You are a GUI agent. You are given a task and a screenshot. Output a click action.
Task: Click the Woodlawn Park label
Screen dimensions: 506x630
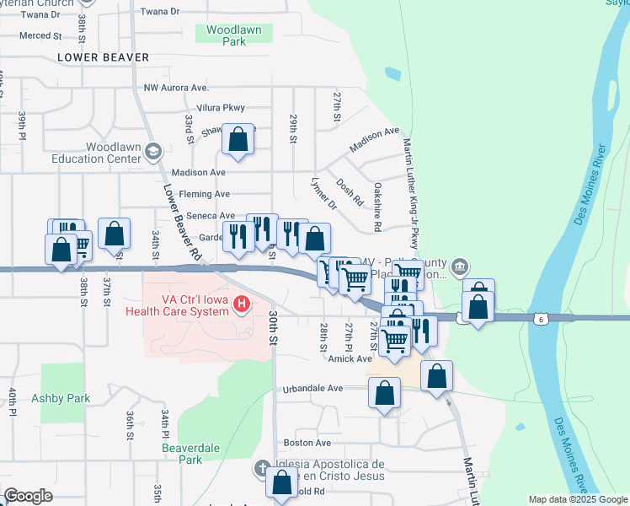point(234,35)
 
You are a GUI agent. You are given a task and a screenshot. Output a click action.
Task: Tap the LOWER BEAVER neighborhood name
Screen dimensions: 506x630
point(104,57)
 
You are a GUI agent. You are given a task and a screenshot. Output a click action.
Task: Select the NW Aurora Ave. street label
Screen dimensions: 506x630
point(176,88)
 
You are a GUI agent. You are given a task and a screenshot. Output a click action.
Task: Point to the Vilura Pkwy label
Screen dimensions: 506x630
point(220,108)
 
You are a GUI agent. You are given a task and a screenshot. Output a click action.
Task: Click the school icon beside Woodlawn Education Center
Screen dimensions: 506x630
point(152,152)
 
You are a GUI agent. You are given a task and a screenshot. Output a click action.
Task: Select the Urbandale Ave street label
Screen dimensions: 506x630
point(312,389)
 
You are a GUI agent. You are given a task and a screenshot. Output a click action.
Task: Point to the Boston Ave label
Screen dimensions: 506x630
point(307,443)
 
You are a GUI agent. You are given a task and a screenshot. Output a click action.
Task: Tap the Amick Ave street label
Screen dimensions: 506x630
point(350,358)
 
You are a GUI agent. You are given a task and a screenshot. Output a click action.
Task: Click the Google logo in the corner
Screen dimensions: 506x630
point(28,496)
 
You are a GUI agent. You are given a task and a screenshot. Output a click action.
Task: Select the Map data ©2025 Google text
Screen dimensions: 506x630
point(577,499)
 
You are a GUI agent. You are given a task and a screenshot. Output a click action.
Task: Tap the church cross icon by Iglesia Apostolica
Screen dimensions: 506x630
point(262,468)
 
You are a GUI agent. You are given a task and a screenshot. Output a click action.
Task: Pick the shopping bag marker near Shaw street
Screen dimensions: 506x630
point(238,140)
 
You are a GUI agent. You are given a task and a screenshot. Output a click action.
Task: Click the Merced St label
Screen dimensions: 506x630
point(41,35)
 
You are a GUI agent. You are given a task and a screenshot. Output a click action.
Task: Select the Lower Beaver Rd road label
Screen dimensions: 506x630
point(181,221)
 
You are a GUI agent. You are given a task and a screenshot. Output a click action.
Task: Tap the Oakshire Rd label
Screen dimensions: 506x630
point(378,207)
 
